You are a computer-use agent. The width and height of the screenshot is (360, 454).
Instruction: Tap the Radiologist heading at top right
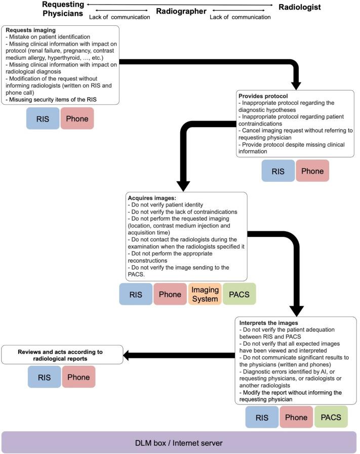(x=299, y=7)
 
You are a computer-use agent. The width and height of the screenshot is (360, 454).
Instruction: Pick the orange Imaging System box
(x=205, y=294)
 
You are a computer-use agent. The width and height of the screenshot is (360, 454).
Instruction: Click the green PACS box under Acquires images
(x=239, y=294)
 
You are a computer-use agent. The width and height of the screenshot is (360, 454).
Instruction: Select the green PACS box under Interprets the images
(x=331, y=417)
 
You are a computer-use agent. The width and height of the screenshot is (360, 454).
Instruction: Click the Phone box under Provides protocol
(x=312, y=171)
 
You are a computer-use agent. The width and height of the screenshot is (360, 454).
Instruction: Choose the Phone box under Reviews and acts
(x=78, y=377)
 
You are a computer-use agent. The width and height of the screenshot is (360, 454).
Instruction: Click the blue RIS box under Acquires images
(x=136, y=294)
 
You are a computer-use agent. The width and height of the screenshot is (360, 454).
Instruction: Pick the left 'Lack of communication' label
(x=119, y=17)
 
